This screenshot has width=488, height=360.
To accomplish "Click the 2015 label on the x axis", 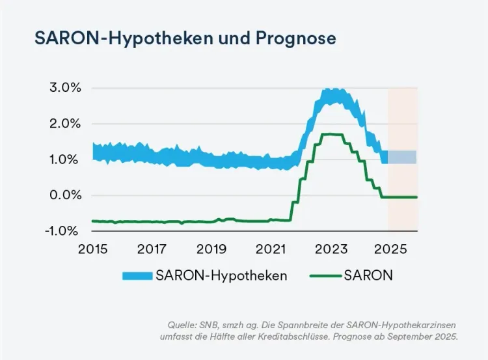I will pos(92,249).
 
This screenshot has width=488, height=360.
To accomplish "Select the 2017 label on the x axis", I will pos(152,249).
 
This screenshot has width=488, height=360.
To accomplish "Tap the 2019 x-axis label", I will pos(211,249).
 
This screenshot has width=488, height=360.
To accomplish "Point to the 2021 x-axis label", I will pos(271,249).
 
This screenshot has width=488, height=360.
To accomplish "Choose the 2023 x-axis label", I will pos(331,249).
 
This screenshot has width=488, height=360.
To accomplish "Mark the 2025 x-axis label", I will pos(390,249).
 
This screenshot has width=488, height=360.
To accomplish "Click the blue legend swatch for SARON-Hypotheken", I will pos(137,275).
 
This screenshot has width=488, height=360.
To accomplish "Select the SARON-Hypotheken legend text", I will pos(221,275).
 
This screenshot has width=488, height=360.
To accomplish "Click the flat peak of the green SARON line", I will pos(332,135).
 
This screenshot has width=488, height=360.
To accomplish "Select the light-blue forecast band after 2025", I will pos(403,157).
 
